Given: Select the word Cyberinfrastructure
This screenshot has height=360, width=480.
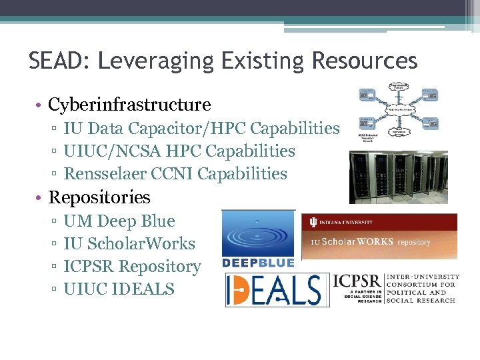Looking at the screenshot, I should (129, 105).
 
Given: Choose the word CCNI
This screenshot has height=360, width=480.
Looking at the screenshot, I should (177, 173).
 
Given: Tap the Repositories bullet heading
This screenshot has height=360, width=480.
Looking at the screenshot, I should (99, 197).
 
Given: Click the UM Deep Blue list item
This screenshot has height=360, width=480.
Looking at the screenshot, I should (119, 221).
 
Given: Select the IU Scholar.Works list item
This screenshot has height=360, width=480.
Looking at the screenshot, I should (129, 243).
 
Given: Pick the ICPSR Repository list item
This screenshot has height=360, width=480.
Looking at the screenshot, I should (132, 266).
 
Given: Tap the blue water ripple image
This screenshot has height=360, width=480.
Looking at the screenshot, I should (258, 233).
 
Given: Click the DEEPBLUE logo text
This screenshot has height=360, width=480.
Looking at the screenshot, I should (258, 263).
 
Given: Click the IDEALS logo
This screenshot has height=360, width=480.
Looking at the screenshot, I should (277, 290).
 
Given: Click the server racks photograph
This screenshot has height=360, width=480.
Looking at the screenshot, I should (398, 177).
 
